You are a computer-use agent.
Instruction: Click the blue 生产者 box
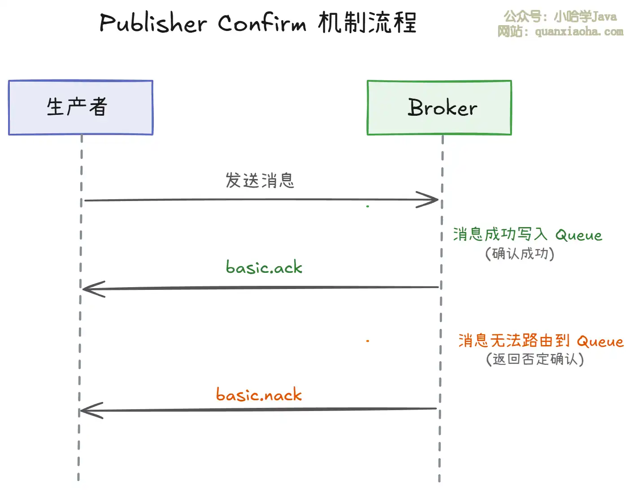[81, 108]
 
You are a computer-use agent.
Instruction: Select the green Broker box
[439, 108]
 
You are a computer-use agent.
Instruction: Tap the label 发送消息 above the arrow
[260, 180]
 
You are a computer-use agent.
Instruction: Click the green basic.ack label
[264, 267]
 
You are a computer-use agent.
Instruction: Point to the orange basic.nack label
[259, 395]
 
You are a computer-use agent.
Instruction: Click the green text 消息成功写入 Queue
[527, 234]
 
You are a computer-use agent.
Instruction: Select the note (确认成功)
[520, 254]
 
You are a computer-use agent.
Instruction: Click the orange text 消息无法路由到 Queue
[541, 341]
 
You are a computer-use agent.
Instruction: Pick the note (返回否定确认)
[535, 359]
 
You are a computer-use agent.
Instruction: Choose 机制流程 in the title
[368, 22]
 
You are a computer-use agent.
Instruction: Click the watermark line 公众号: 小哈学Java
[560, 17]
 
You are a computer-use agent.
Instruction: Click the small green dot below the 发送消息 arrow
[368, 206]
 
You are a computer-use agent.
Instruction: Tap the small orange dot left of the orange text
[368, 341]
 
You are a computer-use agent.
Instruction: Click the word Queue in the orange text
[600, 342]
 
